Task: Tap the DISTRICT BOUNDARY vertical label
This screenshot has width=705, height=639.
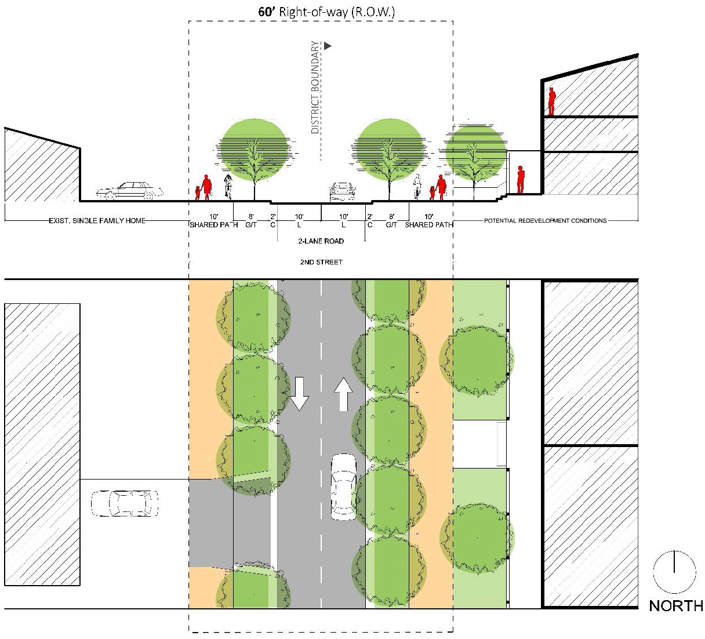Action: coord(315,87)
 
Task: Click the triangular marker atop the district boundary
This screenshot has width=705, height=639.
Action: coord(328,45)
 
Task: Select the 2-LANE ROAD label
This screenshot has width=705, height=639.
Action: coord(321,241)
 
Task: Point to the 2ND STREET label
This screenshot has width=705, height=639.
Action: coord(321,262)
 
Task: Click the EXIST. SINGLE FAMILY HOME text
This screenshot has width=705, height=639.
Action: coord(97,221)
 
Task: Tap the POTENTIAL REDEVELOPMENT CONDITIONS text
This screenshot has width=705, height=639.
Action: coord(545,221)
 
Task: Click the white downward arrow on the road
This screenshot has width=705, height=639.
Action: coord(300,394)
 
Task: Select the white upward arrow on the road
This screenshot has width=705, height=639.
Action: coord(343,394)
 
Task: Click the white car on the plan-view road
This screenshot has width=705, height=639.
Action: coord(343,486)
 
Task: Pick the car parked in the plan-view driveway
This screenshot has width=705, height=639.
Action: coord(125,503)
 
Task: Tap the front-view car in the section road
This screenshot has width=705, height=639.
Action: coord(342,192)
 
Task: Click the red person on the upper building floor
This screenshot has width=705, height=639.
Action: coord(551,101)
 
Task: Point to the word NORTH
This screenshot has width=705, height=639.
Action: coord(675,606)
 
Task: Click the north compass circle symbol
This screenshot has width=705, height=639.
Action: coord(674,571)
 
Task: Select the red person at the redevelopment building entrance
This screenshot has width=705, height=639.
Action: coord(521,180)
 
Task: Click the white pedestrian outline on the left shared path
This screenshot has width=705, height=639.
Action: coord(228,186)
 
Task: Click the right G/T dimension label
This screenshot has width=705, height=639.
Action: coord(391,225)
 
